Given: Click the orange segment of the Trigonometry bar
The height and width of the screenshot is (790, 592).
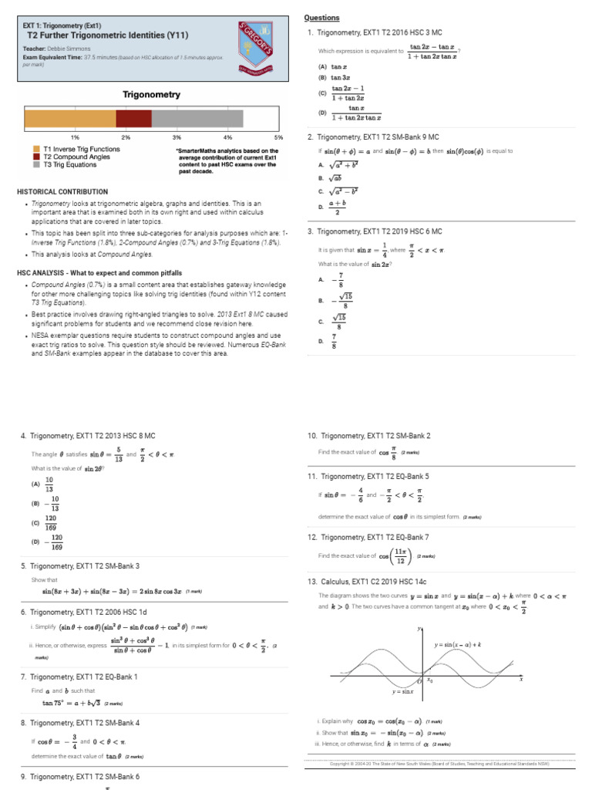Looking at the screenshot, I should (70, 118).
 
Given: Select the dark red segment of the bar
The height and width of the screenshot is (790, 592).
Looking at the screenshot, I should (133, 118).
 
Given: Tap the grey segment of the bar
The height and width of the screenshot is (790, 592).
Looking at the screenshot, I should (197, 118).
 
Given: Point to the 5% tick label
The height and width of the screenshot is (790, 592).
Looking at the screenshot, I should (279, 137).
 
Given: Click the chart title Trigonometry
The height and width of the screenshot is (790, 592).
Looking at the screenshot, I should (152, 95).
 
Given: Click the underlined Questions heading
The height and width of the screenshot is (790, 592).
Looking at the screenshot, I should (321, 18).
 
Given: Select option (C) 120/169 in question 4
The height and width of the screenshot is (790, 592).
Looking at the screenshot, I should (50, 522).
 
